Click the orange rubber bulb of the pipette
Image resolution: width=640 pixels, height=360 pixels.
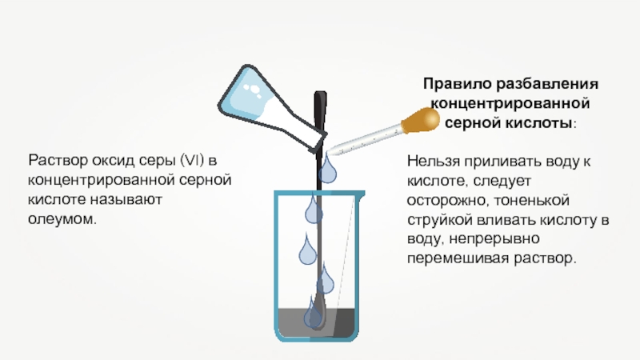pos(421,121)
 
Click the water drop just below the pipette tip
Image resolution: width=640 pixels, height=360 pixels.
pos(328,170)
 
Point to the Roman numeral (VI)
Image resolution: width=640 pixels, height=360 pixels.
pos(194,158)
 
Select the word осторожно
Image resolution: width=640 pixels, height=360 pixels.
pos(444,201)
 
